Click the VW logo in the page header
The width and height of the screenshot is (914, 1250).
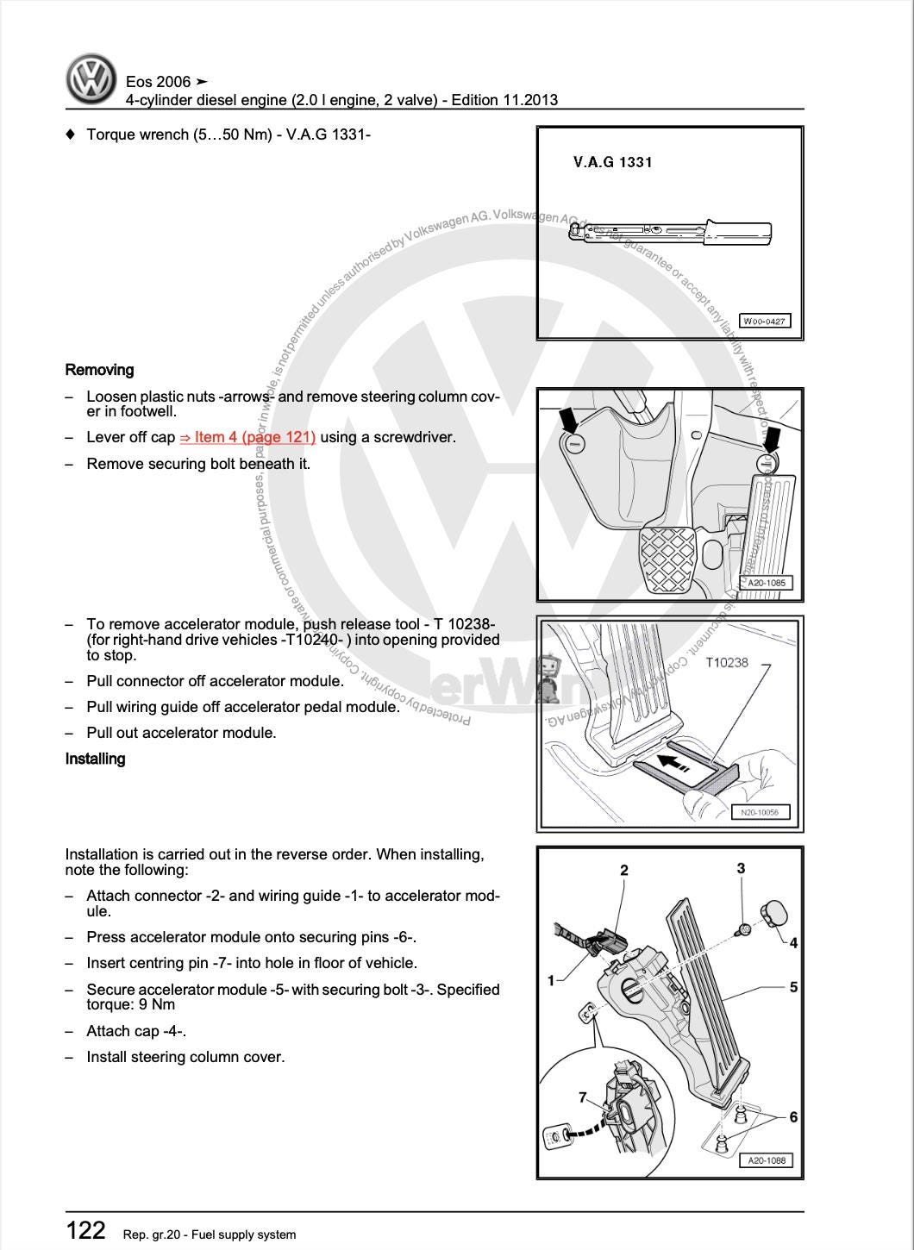(91, 79)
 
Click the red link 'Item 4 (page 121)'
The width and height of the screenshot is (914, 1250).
(247, 437)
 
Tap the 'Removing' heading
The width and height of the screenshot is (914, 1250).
(99, 370)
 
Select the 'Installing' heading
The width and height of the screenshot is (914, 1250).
(95, 759)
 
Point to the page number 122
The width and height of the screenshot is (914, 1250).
(85, 1230)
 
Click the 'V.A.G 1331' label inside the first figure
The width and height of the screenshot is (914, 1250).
(612, 162)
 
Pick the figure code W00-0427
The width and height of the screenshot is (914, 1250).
(764, 322)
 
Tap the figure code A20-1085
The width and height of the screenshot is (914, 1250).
(766, 583)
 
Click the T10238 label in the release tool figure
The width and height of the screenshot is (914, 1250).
(726, 662)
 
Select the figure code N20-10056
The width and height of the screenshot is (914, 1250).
(759, 812)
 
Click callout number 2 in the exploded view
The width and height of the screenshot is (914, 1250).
(624, 871)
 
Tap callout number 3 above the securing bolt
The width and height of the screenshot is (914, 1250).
(741, 868)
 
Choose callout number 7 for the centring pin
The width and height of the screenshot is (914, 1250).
(583, 1097)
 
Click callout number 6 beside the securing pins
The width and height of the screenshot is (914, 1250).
(793, 1117)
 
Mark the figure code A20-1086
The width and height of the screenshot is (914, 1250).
(766, 1160)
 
